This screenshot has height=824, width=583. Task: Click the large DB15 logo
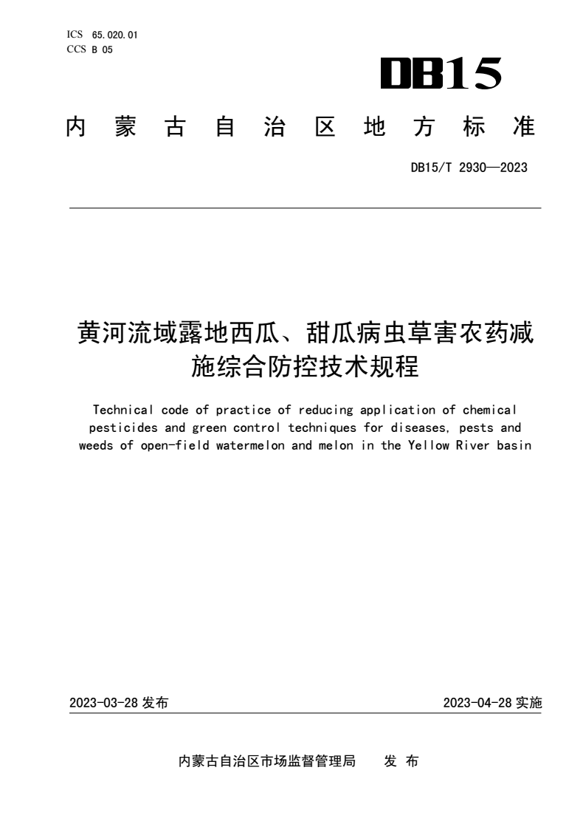pyautogui.click(x=441, y=75)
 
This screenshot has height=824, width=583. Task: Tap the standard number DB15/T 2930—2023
pyautogui.click(x=469, y=168)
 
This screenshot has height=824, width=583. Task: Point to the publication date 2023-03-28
pyautogui.click(x=104, y=703)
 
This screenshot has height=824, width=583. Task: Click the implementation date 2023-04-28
pyautogui.click(x=478, y=703)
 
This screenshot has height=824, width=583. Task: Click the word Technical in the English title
pyautogui.click(x=120, y=409)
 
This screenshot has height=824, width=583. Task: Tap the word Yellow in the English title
pyautogui.click(x=429, y=446)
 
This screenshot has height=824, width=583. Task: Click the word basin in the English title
pyautogui.click(x=514, y=446)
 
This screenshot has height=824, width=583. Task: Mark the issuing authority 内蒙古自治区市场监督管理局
pyautogui.click(x=268, y=761)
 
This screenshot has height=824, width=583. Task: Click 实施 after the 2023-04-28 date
pyautogui.click(x=529, y=703)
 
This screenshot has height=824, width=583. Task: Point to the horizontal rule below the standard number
pyautogui.click(x=305, y=208)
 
